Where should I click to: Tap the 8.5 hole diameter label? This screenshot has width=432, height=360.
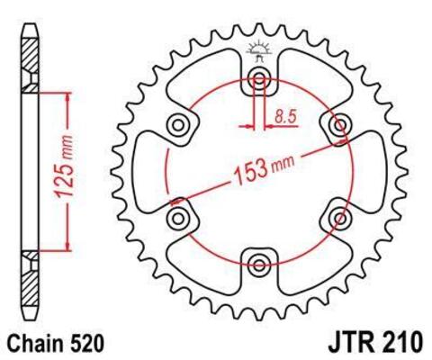pos(285,115)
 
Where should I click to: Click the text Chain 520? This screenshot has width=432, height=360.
pos(58,343)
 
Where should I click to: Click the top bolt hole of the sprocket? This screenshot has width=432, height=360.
pos(259,80)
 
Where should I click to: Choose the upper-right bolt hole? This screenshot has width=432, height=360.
pos(338,125)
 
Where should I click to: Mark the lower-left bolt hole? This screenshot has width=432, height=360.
pos(178,217)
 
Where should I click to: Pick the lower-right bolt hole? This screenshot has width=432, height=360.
pos(339,217)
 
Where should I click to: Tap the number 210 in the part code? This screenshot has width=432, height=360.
pos(399,343)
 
